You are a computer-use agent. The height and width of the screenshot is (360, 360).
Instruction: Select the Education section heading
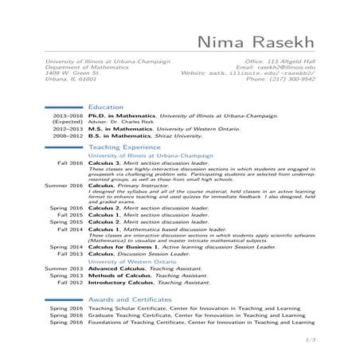(105, 105)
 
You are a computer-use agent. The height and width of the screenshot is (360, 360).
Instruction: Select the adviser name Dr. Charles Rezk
(133, 121)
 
